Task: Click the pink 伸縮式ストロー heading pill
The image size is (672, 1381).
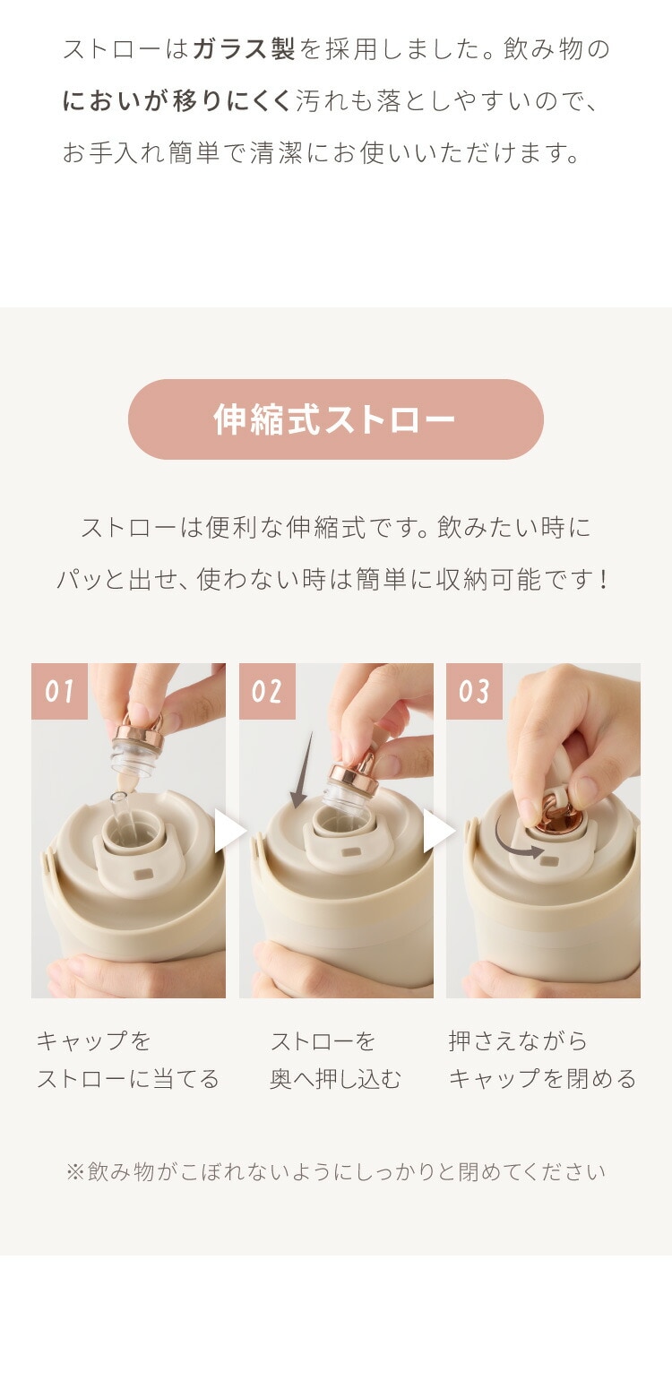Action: [335, 419]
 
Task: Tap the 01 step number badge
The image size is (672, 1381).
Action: [59, 690]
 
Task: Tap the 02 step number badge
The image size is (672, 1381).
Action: [267, 690]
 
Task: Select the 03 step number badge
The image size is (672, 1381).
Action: [474, 690]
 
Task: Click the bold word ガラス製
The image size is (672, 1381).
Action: [244, 49]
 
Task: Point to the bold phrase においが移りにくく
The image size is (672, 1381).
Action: [177, 101]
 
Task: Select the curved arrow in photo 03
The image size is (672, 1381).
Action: [517, 843]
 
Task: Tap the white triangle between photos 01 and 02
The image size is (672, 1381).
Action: [229, 831]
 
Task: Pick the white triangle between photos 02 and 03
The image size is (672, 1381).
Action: [438, 831]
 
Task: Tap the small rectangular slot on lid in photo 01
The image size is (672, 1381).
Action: [145, 874]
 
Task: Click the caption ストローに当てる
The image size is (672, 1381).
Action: [128, 1079]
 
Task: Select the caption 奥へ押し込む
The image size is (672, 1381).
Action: [335, 1079]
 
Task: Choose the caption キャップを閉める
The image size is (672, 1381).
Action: [543, 1079]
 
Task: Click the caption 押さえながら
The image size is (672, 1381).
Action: [518, 1041]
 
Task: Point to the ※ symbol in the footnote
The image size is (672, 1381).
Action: [74, 1172]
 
